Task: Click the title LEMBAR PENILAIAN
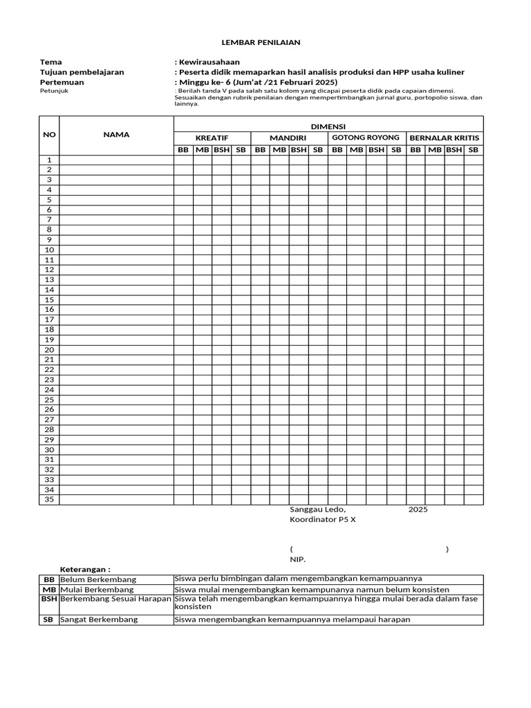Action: coord(266,42)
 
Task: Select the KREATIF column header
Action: coord(212,138)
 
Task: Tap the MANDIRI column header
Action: coord(288,138)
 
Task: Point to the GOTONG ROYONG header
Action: coord(366,138)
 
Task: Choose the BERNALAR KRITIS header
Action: coord(444,138)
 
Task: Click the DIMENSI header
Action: coord(328,127)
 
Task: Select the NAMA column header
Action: coord(116,135)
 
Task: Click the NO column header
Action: coord(49,135)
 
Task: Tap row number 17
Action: coord(49,319)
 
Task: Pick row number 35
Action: coord(49,499)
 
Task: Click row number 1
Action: coord(49,160)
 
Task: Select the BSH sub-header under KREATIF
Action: coord(221,149)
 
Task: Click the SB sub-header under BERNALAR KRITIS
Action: coord(473,149)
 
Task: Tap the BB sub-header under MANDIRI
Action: coord(260,149)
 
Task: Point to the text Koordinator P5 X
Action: coord(323,519)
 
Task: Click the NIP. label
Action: coord(297,559)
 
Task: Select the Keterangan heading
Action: coord(86,569)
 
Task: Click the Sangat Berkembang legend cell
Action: coord(99,619)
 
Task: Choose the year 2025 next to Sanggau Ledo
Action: coord(418,510)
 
